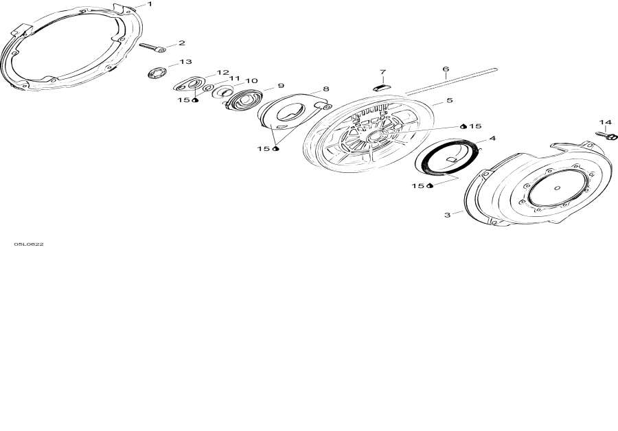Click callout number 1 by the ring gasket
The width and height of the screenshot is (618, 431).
[x=150, y=4]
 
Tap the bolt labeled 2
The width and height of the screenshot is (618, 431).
[x=152, y=47]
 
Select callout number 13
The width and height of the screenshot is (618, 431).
[x=185, y=62]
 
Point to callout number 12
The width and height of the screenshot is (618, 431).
[x=222, y=73]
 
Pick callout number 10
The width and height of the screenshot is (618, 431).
[x=251, y=81]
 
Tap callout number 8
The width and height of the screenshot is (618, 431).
[x=326, y=89]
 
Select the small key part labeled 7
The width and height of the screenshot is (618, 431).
[x=382, y=87]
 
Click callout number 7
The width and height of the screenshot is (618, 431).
[x=382, y=72]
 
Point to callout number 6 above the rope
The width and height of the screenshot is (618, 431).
[x=446, y=69]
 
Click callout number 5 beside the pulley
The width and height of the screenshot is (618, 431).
[x=450, y=100]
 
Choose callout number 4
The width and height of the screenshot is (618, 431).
[x=492, y=138]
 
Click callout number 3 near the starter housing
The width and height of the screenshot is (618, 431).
[x=447, y=215]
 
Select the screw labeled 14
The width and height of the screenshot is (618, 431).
[x=606, y=135]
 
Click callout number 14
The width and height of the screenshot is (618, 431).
[x=606, y=122]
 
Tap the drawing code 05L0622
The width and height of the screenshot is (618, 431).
[x=29, y=244]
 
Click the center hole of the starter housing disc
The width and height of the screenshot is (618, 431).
[x=557, y=188]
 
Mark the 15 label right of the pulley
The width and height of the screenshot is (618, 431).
[x=475, y=126]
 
